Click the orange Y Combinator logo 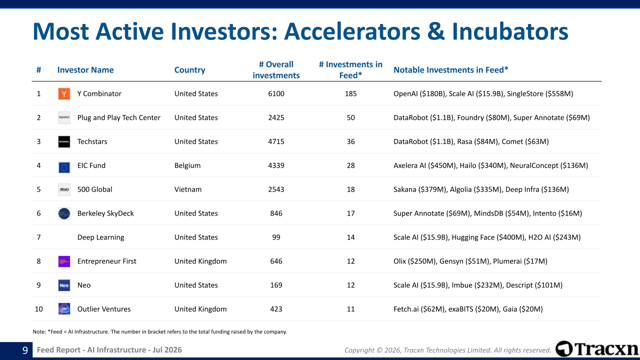tap(64, 93)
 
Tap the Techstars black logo tap(64, 141)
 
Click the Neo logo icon tap(64, 285)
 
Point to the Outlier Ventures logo tap(64, 309)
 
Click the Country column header tap(189, 70)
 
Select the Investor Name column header tap(85, 70)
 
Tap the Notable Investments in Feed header tap(451, 70)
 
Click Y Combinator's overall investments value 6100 tap(276, 93)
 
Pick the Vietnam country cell tap(188, 189)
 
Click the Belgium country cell tap(187, 165)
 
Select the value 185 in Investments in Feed tap(350, 93)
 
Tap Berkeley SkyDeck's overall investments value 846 tap(276, 213)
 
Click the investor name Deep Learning tap(100, 237)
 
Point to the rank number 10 tap(38, 309)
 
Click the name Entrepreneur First tap(106, 261)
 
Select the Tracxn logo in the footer tap(596, 349)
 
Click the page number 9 tap(25, 350)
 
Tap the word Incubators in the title tap(510, 31)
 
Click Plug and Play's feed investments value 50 tap(350, 117)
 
